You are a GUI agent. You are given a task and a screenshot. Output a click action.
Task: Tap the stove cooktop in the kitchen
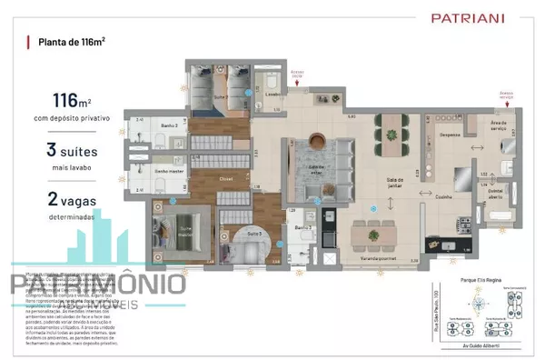466,223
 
